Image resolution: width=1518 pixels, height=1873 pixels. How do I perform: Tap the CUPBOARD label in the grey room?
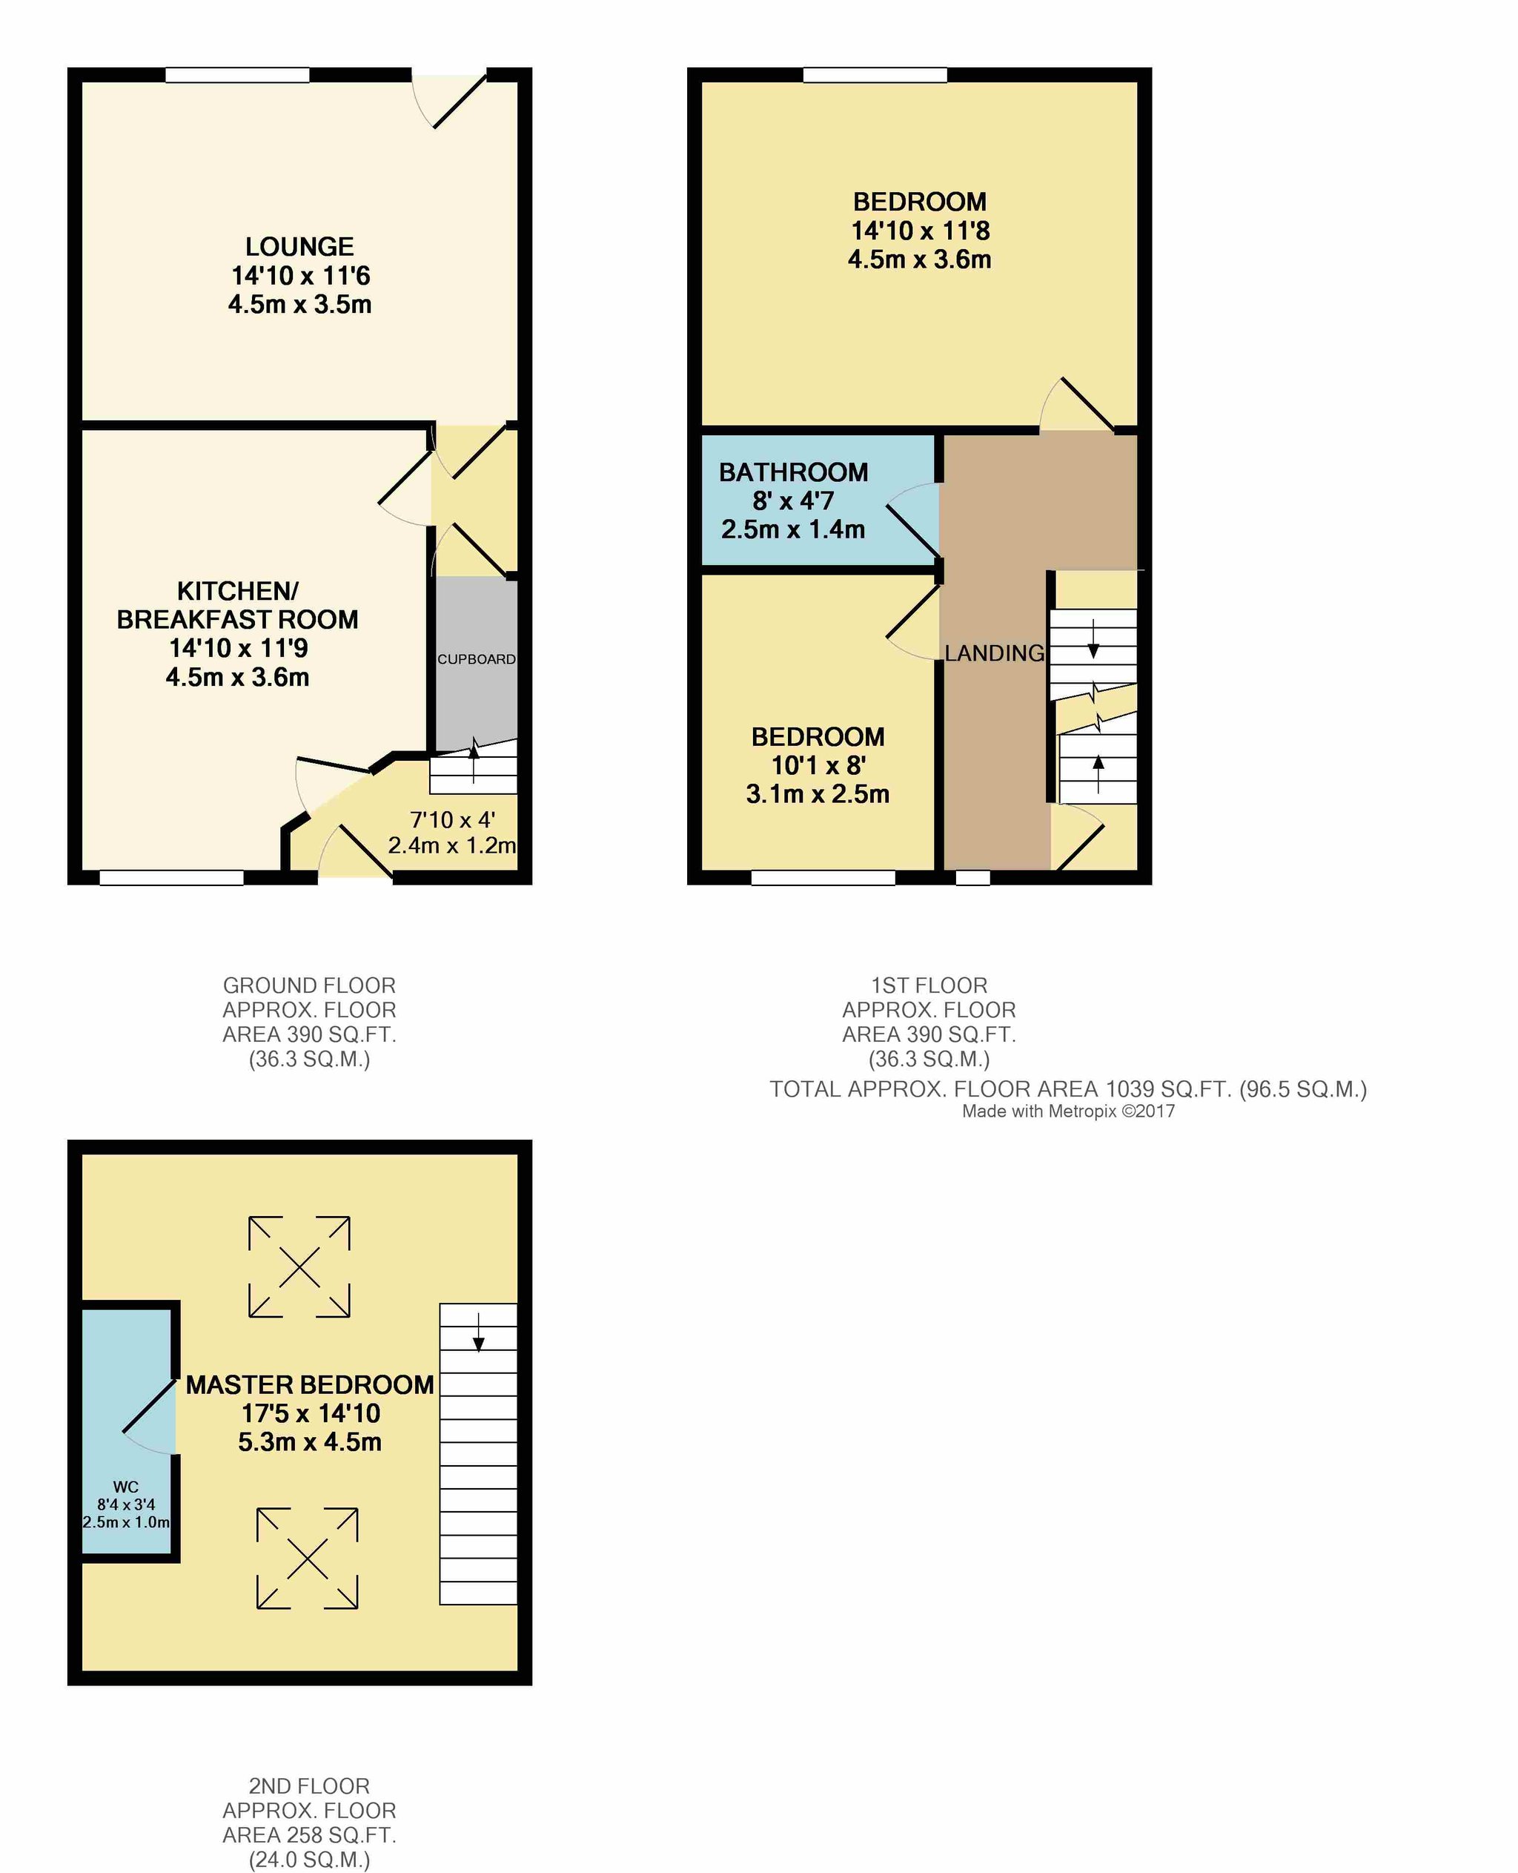(x=477, y=658)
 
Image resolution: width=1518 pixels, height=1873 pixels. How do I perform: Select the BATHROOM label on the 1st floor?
(x=793, y=472)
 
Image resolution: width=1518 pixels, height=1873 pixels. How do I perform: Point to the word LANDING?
(x=994, y=653)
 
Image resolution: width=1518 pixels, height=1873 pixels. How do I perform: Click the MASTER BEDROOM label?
(x=310, y=1385)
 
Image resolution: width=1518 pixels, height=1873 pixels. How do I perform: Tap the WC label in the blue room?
(x=126, y=1487)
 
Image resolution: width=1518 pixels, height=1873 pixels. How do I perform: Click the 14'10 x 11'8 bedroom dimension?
(x=920, y=231)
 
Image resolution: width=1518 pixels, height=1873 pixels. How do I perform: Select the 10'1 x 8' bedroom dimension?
(x=818, y=765)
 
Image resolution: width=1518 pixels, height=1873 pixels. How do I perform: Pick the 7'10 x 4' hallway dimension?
(x=452, y=819)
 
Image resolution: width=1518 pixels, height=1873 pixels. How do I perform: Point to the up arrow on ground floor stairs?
(x=474, y=760)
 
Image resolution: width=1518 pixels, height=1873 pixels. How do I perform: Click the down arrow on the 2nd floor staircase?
(x=478, y=1332)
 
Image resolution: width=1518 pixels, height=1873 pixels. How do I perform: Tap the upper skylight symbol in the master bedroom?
(x=299, y=1266)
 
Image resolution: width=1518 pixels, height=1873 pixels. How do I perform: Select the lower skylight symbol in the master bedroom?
(x=307, y=1558)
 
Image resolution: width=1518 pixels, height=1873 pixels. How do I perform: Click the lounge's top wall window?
(x=237, y=75)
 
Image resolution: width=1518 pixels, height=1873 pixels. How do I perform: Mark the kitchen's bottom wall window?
(x=171, y=877)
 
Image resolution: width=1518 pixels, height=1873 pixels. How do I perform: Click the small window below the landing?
(x=972, y=877)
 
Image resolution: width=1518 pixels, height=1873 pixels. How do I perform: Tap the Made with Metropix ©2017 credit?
(x=1069, y=1112)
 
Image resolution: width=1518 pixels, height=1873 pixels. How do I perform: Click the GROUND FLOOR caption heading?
(x=310, y=986)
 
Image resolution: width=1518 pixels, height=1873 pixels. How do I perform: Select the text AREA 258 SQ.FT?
(x=310, y=1835)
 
